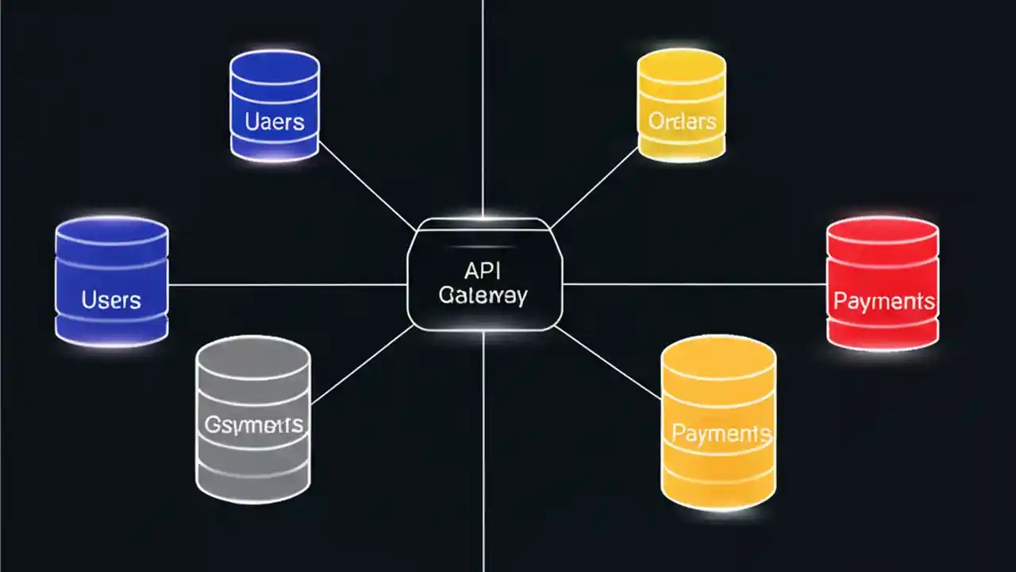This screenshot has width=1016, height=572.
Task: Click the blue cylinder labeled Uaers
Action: (x=275, y=105)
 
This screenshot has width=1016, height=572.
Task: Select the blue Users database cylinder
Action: (x=111, y=282)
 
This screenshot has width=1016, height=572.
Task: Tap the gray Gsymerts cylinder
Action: (x=253, y=419)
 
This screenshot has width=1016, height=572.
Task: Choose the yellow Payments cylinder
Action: (x=718, y=423)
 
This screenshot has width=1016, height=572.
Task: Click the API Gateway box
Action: (x=484, y=274)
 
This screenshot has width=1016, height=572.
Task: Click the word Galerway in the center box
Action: (x=483, y=296)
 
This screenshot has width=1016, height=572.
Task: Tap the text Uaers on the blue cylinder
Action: (x=275, y=122)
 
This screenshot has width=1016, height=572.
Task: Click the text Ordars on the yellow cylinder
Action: (x=682, y=121)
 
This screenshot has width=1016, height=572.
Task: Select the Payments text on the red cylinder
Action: (x=883, y=302)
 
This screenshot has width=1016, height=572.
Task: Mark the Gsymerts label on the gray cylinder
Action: (x=253, y=424)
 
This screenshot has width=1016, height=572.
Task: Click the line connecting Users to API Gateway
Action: (x=286, y=284)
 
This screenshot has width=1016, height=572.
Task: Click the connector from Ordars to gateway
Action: (x=595, y=187)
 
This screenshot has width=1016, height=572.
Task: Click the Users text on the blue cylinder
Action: (x=111, y=300)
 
